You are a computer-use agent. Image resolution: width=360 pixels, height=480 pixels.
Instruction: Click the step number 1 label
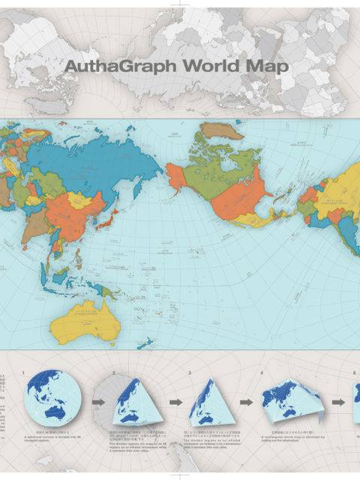pyautogui.click(x=25, y=373)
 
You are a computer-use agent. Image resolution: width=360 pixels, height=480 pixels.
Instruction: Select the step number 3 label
pyautogui.click(x=190, y=373)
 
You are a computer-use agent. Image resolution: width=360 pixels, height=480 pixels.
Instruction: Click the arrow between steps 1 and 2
pyautogui.click(x=97, y=402)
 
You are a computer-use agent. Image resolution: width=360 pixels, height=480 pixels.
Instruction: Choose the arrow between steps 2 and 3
pyautogui.click(x=175, y=402)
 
